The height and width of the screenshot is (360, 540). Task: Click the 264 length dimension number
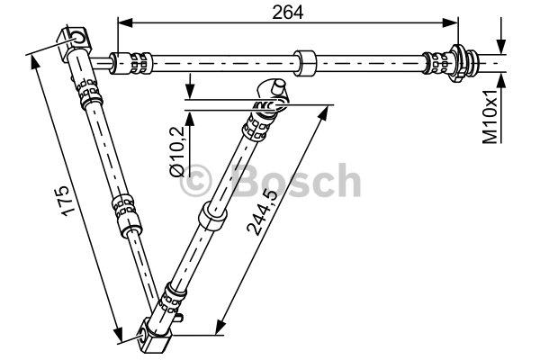click(x=289, y=11)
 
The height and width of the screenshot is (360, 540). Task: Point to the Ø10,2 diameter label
click(x=177, y=149)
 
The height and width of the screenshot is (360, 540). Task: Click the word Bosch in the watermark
click(x=296, y=180)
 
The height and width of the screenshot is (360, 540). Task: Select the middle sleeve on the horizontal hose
click(x=307, y=64)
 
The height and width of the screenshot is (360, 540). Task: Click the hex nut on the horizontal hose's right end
click(x=466, y=63)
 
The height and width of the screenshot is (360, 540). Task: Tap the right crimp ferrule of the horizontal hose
click(x=441, y=63)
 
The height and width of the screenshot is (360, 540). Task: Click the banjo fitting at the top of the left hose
click(x=76, y=41)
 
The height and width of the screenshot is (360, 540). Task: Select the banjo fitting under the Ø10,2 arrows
click(x=273, y=91)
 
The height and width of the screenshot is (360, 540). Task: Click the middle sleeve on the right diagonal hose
click(x=212, y=216)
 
